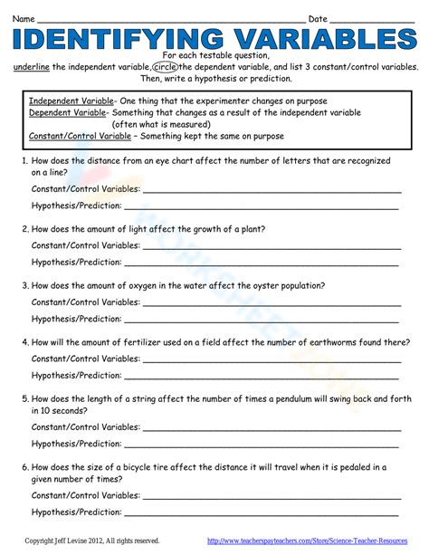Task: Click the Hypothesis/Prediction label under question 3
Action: coord(77,319)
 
